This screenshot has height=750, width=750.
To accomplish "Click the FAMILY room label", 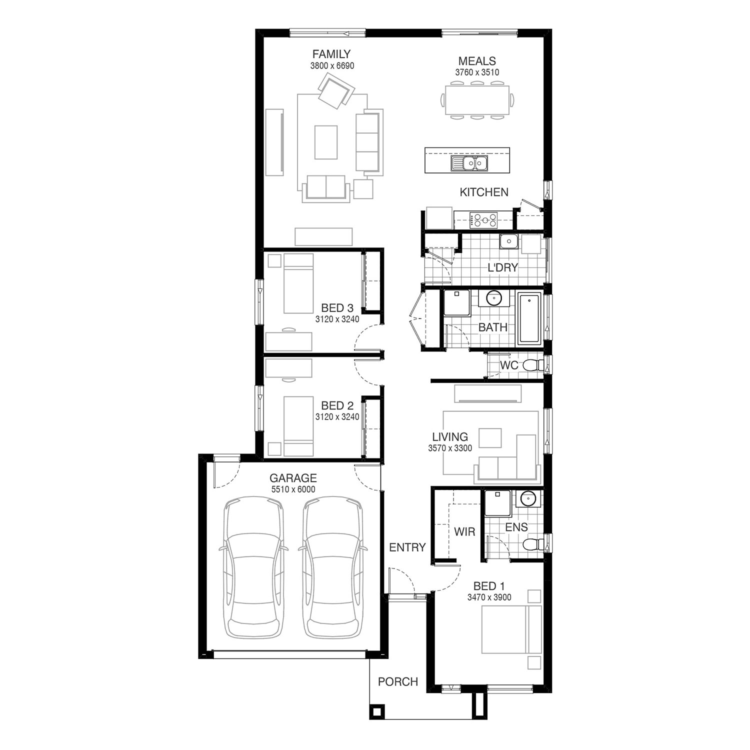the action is pos(331,54).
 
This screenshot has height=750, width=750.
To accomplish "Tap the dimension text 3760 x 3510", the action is pos(477,72).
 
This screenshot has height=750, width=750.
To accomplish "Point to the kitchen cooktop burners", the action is pos(485,219).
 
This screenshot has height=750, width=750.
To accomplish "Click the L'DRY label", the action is pos(502,267).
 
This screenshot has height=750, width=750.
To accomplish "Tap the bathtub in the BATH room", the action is pos(529,319).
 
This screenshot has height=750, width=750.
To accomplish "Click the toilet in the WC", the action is pos(533,365).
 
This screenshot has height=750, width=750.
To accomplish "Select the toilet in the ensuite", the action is pos(533,544).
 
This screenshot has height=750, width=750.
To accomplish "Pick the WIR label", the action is pos(464,531).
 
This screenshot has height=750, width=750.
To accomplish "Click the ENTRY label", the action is pos(407,547).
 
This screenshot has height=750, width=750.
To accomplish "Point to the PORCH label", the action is pos(398,681).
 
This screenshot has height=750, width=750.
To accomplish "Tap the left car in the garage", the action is pos(253,566).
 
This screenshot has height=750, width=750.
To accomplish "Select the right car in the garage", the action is pos(333,566).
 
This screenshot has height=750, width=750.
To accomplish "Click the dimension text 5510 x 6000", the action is pos(293,489).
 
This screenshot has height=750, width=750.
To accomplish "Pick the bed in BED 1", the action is pos(511,629).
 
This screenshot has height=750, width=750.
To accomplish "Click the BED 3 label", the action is pos(337,308).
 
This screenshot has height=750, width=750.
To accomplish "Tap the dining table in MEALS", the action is pos(477,101).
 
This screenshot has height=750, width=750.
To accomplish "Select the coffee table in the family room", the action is pos(326,142).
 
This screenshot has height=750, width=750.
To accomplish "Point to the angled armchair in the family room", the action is pos(336,90).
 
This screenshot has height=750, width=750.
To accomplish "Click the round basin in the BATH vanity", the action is pos(494,298).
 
